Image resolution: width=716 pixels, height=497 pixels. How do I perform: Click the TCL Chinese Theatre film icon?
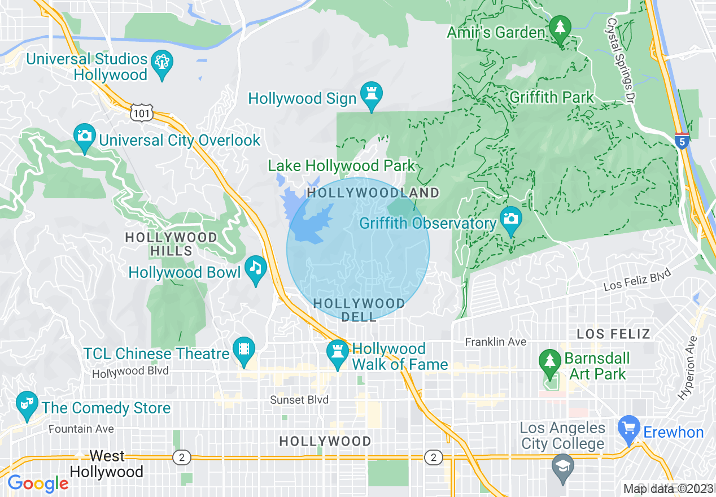[x=243, y=348]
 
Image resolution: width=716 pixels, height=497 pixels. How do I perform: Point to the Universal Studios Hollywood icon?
[x=163, y=62]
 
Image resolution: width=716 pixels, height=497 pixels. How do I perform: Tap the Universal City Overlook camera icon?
[x=85, y=136]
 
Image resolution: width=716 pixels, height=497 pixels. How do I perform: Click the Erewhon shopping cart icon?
[x=628, y=427]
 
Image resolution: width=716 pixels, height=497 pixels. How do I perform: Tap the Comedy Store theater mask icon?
[x=26, y=403]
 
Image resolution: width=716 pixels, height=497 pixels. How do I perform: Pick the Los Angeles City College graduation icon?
[x=563, y=467]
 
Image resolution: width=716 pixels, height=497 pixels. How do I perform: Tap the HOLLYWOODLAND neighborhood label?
[x=373, y=193]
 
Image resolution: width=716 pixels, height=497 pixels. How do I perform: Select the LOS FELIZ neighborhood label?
[x=613, y=334]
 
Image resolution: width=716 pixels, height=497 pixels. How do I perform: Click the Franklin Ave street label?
[x=495, y=342]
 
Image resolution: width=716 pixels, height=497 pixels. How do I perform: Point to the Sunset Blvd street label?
[x=299, y=400]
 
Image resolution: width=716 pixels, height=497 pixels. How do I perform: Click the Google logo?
[x=38, y=483]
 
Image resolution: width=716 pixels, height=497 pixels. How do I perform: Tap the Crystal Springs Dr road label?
[x=620, y=60]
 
